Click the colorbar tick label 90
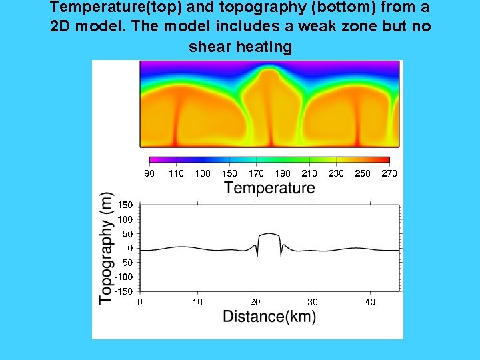click(149, 173)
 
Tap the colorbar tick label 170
click(256, 173)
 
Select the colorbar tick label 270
click(389, 173)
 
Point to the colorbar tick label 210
click(309, 173)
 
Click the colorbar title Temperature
click(269, 188)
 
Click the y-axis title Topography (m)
click(106, 248)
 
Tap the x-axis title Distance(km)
click(269, 317)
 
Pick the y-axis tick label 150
click(125, 205)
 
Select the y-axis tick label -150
click(123, 291)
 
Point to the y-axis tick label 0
click(131, 248)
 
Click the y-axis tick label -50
click(125, 262)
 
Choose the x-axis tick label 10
click(197, 302)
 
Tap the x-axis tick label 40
click(370, 302)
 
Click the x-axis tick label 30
click(313, 302)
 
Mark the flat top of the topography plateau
click(269, 234)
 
